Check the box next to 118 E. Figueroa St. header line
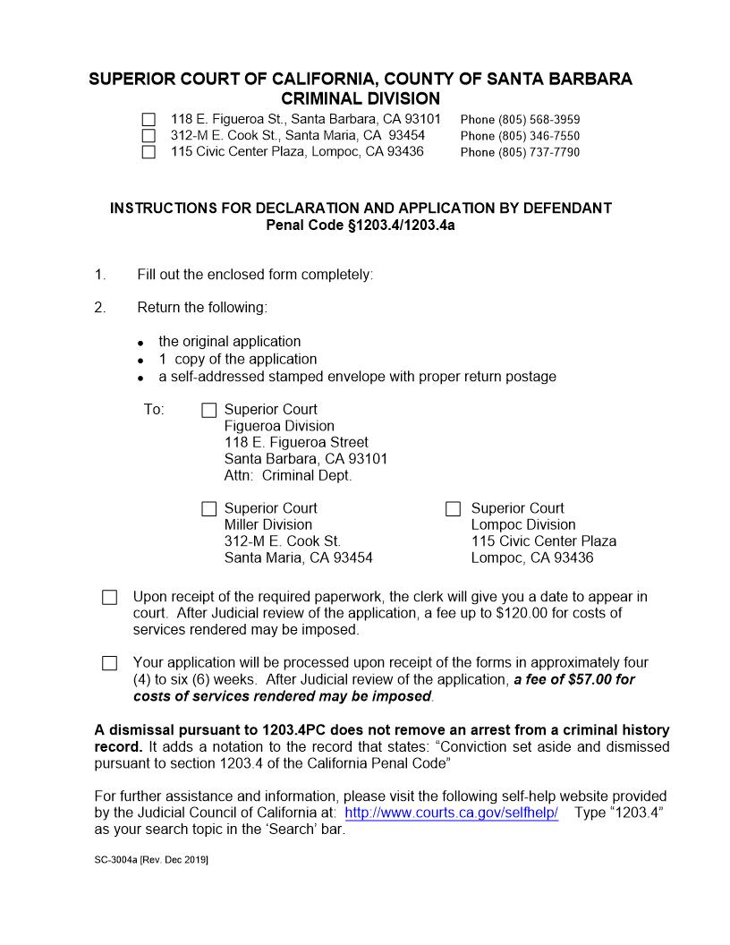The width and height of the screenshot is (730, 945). (x=149, y=120)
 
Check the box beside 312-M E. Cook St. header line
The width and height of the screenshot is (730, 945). (x=149, y=136)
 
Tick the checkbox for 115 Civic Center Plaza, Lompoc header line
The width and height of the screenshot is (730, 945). (x=149, y=152)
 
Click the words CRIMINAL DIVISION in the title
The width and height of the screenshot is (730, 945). (x=361, y=98)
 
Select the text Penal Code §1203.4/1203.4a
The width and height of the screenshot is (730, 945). (x=361, y=225)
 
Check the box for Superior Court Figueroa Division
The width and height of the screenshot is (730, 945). (x=209, y=410)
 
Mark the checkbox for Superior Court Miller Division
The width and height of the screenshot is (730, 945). (x=209, y=509)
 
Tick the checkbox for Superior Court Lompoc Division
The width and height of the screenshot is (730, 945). (x=453, y=509)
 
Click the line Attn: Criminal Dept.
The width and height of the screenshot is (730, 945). (x=288, y=476)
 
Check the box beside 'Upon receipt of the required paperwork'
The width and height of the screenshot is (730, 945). (x=110, y=597)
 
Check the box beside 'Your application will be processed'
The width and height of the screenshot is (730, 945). (x=110, y=663)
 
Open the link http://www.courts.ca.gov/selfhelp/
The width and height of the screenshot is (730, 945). (x=451, y=813)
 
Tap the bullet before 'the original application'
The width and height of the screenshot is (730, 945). (x=141, y=343)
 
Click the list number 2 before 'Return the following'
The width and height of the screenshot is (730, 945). (x=99, y=308)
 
